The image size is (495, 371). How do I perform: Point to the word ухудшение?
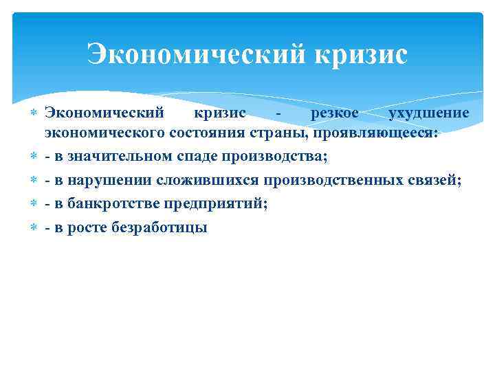[429, 113]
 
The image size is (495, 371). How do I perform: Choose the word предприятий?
[216, 203]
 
